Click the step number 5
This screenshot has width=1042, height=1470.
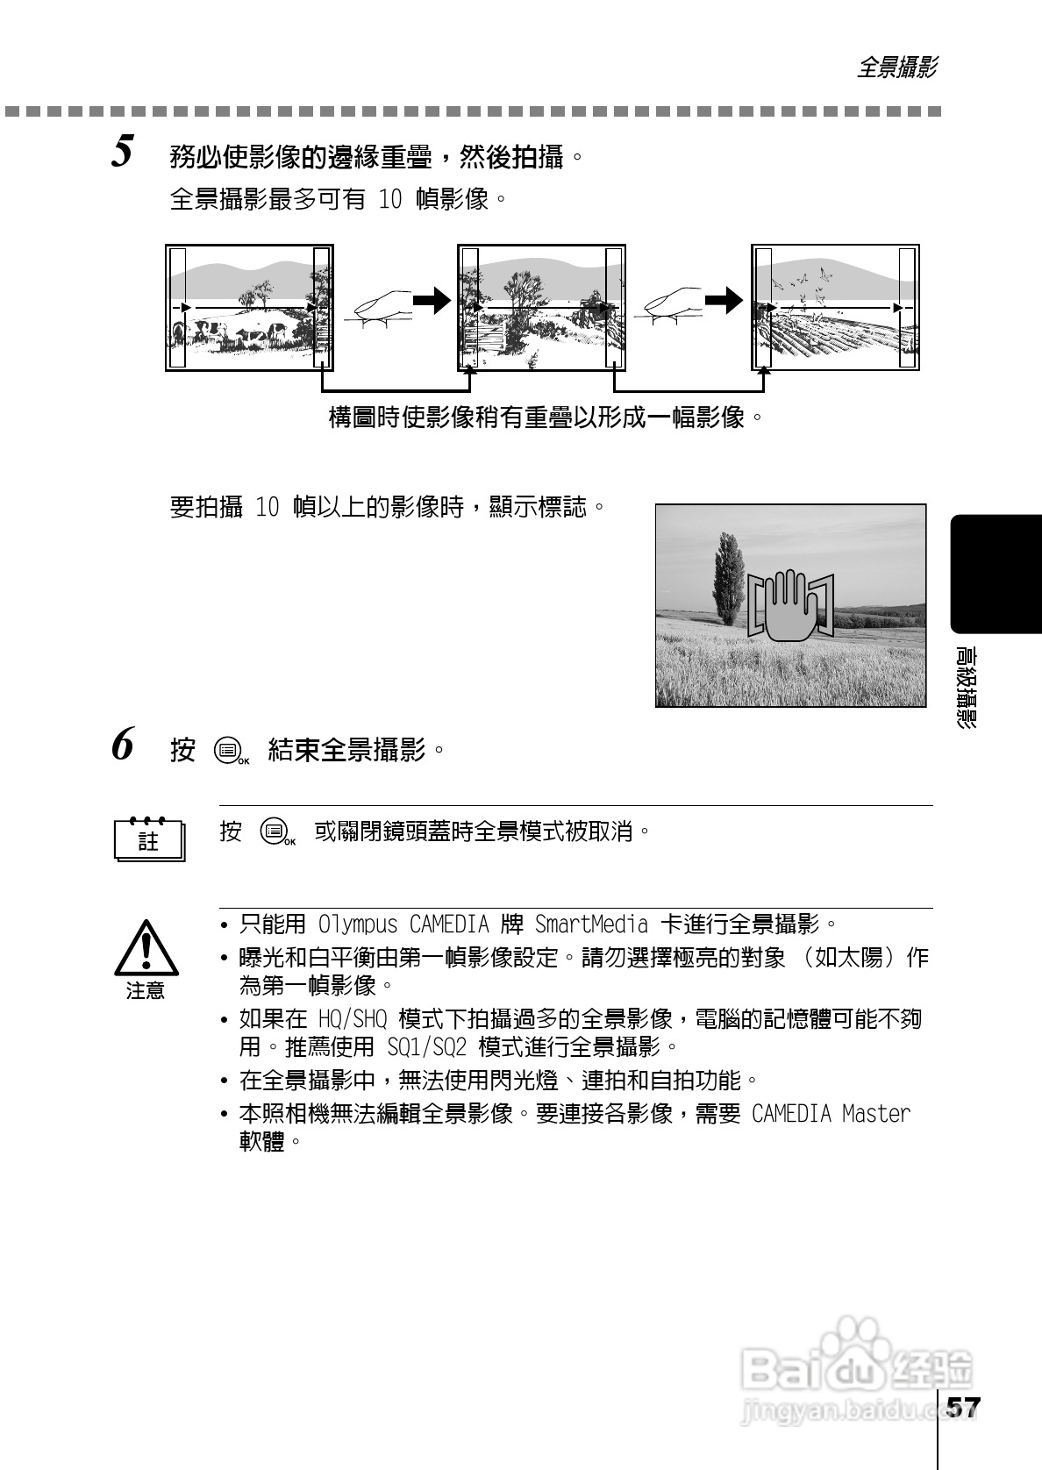click(x=123, y=153)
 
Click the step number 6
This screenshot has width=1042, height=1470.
click(x=123, y=746)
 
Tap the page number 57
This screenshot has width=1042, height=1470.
click(x=962, y=1408)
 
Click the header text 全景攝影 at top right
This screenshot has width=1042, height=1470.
click(x=896, y=68)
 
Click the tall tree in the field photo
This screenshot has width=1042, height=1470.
click(x=727, y=579)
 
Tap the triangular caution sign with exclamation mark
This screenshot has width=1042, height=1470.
click(x=146, y=949)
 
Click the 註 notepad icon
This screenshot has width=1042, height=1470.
click(x=149, y=840)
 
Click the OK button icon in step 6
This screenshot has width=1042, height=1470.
click(x=230, y=752)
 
